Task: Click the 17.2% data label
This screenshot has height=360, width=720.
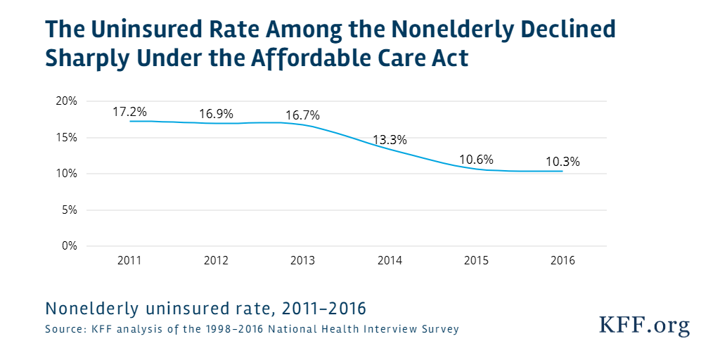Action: pos(130,112)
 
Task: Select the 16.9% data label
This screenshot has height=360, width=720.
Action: pos(216,114)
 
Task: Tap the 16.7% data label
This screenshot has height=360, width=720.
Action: pos(302,115)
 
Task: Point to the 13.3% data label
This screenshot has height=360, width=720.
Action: pos(390,139)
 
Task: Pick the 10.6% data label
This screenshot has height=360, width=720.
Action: pos(477,159)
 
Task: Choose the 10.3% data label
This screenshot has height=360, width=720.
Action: pos(562,161)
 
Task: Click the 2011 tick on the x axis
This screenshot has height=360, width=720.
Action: pos(130,260)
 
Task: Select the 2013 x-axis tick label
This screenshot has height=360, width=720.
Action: pos(302,260)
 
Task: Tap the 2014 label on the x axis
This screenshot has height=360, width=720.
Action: pos(390,260)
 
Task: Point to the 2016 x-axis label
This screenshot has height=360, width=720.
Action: pos(562,260)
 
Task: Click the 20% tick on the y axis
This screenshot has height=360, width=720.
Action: pos(67,101)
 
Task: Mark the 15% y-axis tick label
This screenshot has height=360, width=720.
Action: pos(67,137)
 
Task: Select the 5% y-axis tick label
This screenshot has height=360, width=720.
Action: pos(70,210)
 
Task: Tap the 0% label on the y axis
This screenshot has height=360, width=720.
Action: pos(70,245)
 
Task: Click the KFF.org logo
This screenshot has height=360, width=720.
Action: pos(644,325)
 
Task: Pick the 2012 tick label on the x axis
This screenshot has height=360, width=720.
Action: pos(216,260)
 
